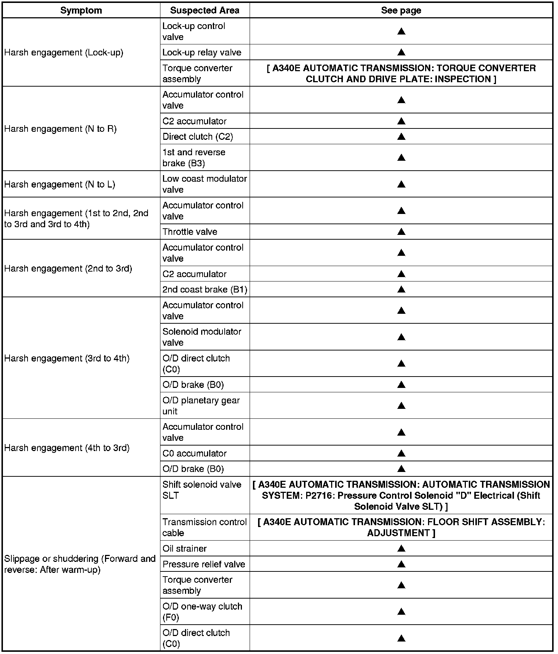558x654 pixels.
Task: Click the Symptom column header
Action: tap(81, 10)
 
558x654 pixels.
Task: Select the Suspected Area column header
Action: tap(204, 10)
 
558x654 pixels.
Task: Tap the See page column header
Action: tap(401, 10)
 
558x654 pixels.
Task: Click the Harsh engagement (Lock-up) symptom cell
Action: tap(64, 52)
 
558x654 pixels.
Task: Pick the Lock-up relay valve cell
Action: tap(202, 52)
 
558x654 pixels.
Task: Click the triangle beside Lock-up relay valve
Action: tap(401, 52)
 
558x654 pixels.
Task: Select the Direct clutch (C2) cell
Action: tap(198, 137)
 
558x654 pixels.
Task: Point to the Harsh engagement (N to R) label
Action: tap(61, 129)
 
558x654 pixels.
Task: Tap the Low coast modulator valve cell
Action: tap(204, 184)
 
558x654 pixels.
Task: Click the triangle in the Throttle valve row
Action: tap(401, 232)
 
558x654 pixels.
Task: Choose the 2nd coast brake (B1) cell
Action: tap(205, 290)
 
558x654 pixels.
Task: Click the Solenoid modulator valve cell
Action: tap(202, 337)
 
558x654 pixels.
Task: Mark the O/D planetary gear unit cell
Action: tap(201, 406)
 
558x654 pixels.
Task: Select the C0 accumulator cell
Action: tap(195, 453)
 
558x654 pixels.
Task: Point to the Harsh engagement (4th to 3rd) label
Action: tap(67, 448)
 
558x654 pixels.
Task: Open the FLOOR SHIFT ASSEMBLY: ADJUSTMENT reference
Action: tap(401, 527)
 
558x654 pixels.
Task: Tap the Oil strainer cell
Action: tap(185, 548)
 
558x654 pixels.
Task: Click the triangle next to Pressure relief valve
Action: tap(401, 564)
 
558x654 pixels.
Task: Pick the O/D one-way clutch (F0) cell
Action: tap(202, 612)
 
